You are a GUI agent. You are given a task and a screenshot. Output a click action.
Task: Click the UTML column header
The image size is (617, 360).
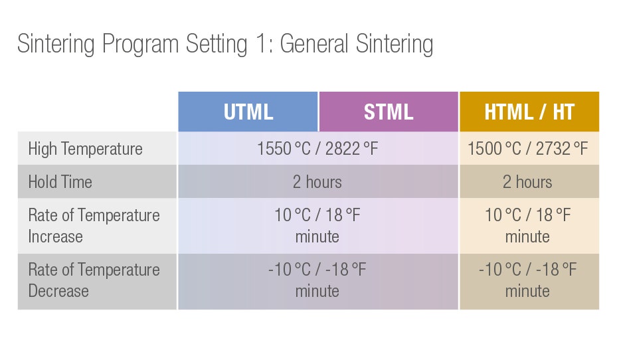tap(248, 112)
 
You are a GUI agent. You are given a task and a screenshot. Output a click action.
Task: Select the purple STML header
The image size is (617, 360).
tap(389, 112)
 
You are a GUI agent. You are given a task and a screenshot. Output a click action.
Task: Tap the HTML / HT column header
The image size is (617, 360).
tap(529, 112)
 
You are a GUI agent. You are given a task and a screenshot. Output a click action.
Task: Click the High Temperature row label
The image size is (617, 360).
tap(85, 149)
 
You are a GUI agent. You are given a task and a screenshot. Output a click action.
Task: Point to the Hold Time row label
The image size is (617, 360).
tap(60, 182)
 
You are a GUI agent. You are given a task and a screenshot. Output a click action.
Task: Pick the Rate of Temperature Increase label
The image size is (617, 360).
tap(94, 226)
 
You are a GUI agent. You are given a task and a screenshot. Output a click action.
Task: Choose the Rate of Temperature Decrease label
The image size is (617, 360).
tap(94, 280)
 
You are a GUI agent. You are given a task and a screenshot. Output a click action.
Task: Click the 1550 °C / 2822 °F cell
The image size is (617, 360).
tap(317, 149)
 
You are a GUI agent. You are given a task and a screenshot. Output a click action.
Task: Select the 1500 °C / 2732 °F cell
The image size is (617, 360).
tap(528, 149)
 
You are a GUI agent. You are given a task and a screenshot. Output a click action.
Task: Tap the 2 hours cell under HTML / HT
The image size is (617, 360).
tap(527, 182)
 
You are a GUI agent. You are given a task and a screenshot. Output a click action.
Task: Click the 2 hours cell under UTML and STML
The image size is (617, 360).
tap(317, 182)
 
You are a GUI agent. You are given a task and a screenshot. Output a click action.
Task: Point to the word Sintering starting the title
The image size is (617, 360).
tap(56, 44)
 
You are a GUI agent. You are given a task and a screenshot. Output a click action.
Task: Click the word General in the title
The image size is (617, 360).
tap(314, 43)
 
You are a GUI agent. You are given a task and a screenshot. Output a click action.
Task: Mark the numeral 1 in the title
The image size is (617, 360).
tap(261, 43)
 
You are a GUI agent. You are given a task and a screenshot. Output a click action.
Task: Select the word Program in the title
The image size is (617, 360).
tap(140, 45)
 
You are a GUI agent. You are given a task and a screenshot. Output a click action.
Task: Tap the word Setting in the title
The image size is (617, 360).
tap(217, 44)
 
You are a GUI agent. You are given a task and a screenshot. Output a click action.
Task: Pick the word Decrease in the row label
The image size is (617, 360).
tap(58, 291)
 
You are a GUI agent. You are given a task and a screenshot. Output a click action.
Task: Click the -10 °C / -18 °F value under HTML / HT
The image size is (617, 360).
tap(528, 270)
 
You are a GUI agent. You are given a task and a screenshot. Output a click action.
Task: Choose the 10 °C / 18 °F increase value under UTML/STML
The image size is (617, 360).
tap(317, 215)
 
